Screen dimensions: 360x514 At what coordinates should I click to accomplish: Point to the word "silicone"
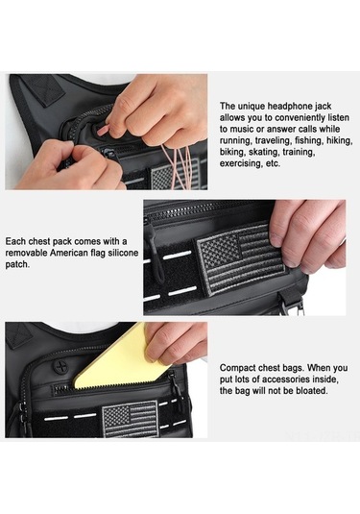click(x=123, y=253)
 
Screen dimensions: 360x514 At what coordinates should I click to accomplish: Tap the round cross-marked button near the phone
click(x=60, y=366)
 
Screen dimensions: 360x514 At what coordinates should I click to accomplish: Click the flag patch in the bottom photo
click(x=131, y=418)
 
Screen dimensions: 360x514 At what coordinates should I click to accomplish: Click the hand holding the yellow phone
click(x=176, y=343)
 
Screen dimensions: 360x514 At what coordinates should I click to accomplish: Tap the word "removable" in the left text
click(x=27, y=253)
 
